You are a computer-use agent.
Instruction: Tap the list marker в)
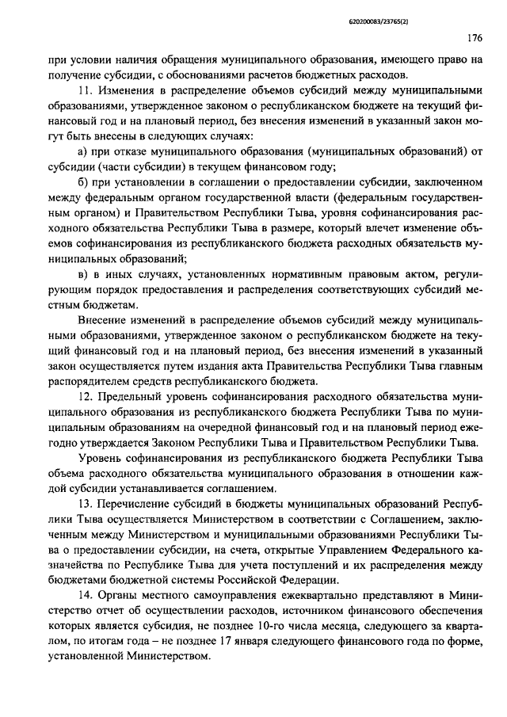pyautogui.click(x=85, y=274)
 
